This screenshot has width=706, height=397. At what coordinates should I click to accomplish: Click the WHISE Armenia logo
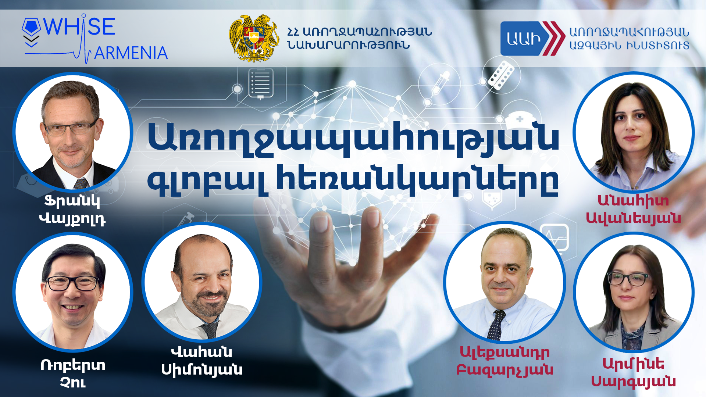coord(95,39)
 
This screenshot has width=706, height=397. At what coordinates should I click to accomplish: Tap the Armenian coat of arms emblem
coord(254,38)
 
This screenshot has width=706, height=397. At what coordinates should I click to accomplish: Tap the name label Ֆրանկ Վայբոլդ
coord(72,210)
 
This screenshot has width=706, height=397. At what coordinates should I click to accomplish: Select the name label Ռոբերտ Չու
coord(73,373)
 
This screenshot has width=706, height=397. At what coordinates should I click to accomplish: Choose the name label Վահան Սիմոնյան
coord(202,361)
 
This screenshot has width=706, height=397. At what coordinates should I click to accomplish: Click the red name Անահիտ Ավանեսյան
coord(633,209)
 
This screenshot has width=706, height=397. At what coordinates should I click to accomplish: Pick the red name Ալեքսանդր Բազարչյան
coord(504,361)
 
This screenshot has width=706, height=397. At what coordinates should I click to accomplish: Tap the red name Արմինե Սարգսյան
coord(633,372)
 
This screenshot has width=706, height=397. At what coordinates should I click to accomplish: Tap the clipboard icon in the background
coord(261,84)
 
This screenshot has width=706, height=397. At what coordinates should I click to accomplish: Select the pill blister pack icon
coord(502,75)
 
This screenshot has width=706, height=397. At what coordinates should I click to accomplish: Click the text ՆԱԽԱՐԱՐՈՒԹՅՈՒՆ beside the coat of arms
coord(349,45)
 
